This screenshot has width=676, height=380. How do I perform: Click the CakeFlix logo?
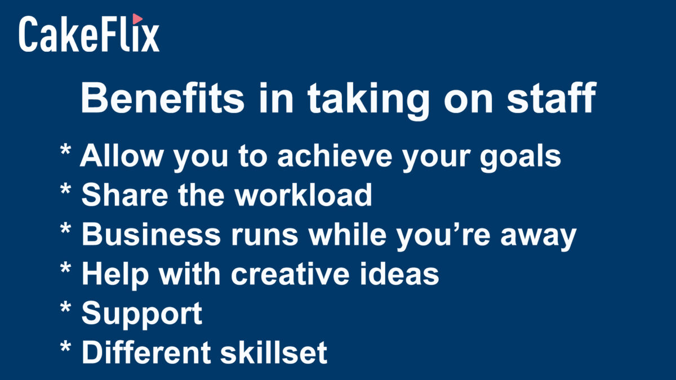point(89,33)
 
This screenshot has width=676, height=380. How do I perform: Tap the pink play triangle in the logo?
point(137,19)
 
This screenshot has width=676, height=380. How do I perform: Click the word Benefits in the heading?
point(162,98)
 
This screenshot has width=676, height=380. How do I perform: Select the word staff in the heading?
point(552,98)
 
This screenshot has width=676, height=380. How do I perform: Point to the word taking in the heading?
point(368,101)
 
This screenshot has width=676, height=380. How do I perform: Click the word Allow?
point(121,155)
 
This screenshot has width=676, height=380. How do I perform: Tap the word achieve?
point(335,155)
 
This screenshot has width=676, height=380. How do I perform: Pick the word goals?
point(521,158)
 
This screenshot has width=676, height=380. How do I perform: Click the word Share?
point(124,195)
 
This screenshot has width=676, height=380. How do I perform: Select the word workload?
point(304,195)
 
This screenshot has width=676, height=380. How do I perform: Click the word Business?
point(151,234)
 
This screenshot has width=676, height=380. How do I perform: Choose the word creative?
point(290,273)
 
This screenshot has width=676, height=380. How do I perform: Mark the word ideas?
point(399,273)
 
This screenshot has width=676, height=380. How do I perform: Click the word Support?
point(142,315)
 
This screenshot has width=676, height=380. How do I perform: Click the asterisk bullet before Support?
point(65,307)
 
